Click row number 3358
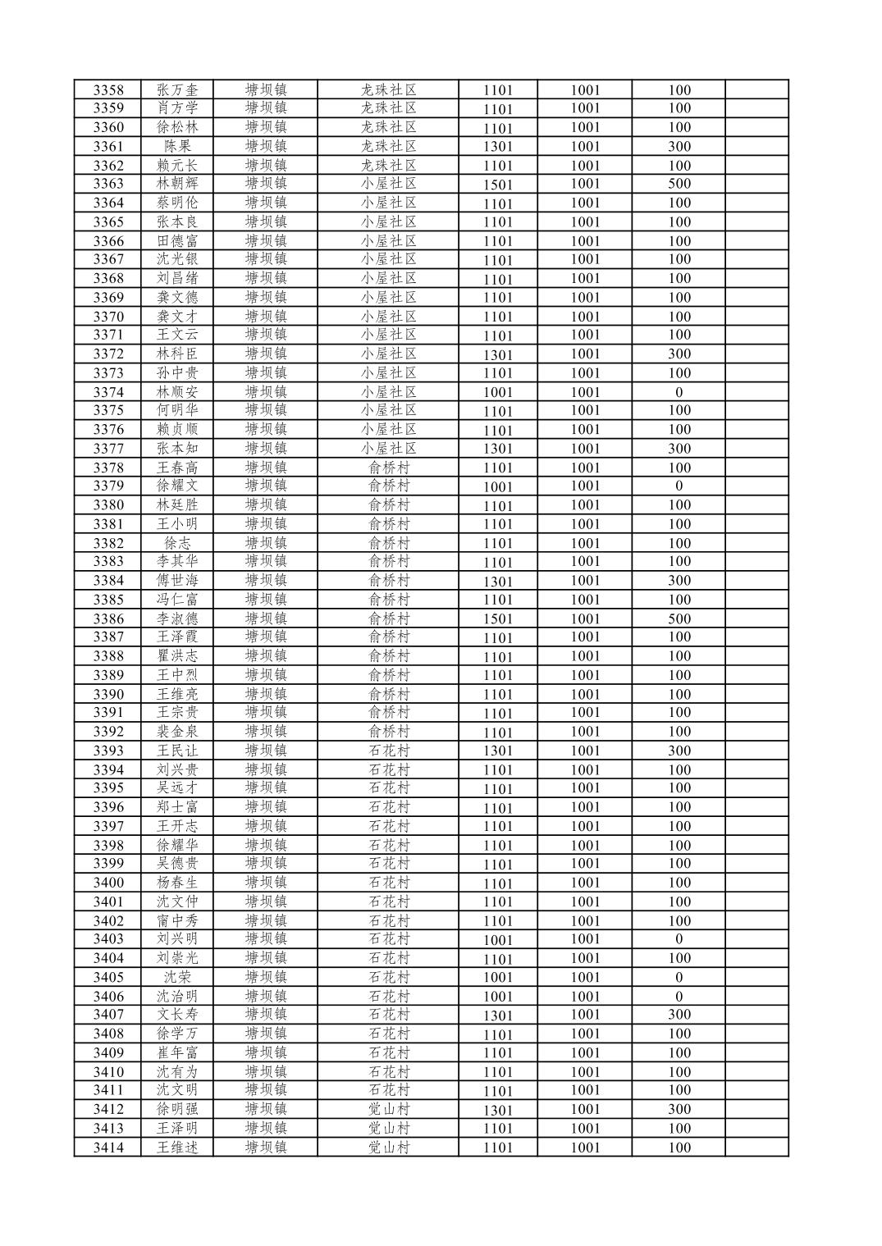pos(108,90)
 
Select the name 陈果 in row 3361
pos(177,147)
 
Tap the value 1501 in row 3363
pos(497,185)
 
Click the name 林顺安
pos(177,392)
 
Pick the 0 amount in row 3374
pos(679,392)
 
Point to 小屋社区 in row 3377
pos(389,449)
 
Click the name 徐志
pos(177,543)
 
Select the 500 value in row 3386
pos(679,618)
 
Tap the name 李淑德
pos(177,618)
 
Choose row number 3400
pos(108,883)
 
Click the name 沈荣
pos(177,977)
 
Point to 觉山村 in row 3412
pos(389,1110)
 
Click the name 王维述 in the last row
pos(177,1148)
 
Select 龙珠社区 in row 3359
pos(389,108)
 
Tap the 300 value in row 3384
pos(679,581)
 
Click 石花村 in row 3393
pos(389,751)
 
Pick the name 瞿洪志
pos(177,656)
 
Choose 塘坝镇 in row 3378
pos(266,468)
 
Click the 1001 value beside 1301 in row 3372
pos(585,354)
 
